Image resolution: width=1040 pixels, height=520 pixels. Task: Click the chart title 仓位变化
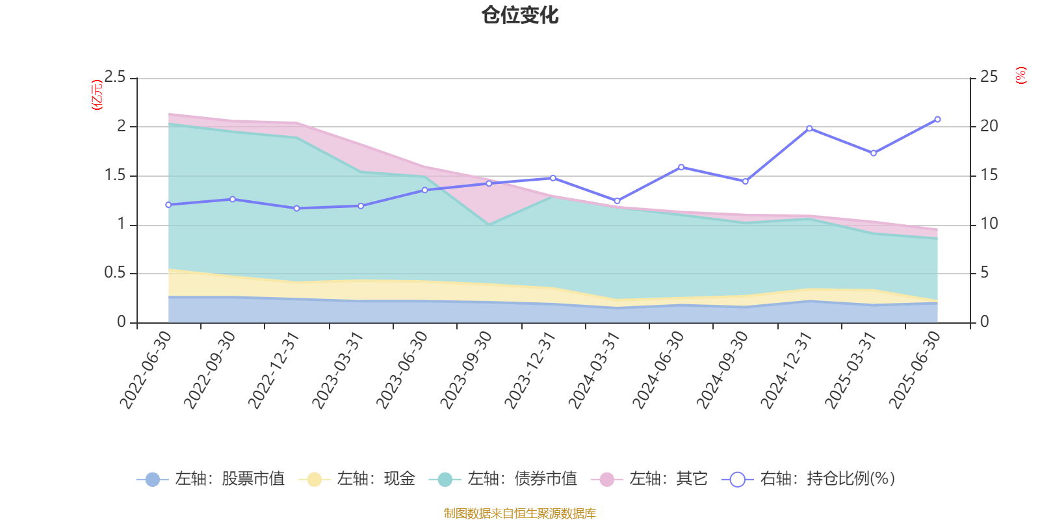pos(520,15)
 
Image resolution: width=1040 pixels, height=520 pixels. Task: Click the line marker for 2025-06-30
pos(937,120)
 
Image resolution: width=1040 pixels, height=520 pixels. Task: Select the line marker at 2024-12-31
pos(809,129)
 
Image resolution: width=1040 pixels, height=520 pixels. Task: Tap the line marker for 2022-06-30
pos(168,205)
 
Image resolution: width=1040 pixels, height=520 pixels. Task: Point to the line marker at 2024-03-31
pos(617,201)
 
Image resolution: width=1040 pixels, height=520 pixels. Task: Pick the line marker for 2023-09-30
pos(489,183)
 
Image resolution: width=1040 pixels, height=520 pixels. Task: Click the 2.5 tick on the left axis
pos(115,77)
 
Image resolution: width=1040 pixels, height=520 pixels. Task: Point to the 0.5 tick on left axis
pos(115,273)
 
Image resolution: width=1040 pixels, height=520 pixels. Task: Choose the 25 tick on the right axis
pos(989,77)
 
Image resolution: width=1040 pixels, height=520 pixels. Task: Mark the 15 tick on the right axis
pos(989,175)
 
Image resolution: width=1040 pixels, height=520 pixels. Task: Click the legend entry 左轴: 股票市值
pos(211,480)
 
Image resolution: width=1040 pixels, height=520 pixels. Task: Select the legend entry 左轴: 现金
pos(357,480)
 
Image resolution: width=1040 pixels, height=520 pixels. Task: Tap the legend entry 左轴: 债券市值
pos(504,480)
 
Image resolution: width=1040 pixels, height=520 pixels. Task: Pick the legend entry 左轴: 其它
pos(649,480)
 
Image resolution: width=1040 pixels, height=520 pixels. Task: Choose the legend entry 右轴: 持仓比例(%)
pos(809,480)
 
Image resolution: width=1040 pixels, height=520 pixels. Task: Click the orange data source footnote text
pos(520,513)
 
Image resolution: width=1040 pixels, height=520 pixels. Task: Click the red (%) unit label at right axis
pos(1021,75)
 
